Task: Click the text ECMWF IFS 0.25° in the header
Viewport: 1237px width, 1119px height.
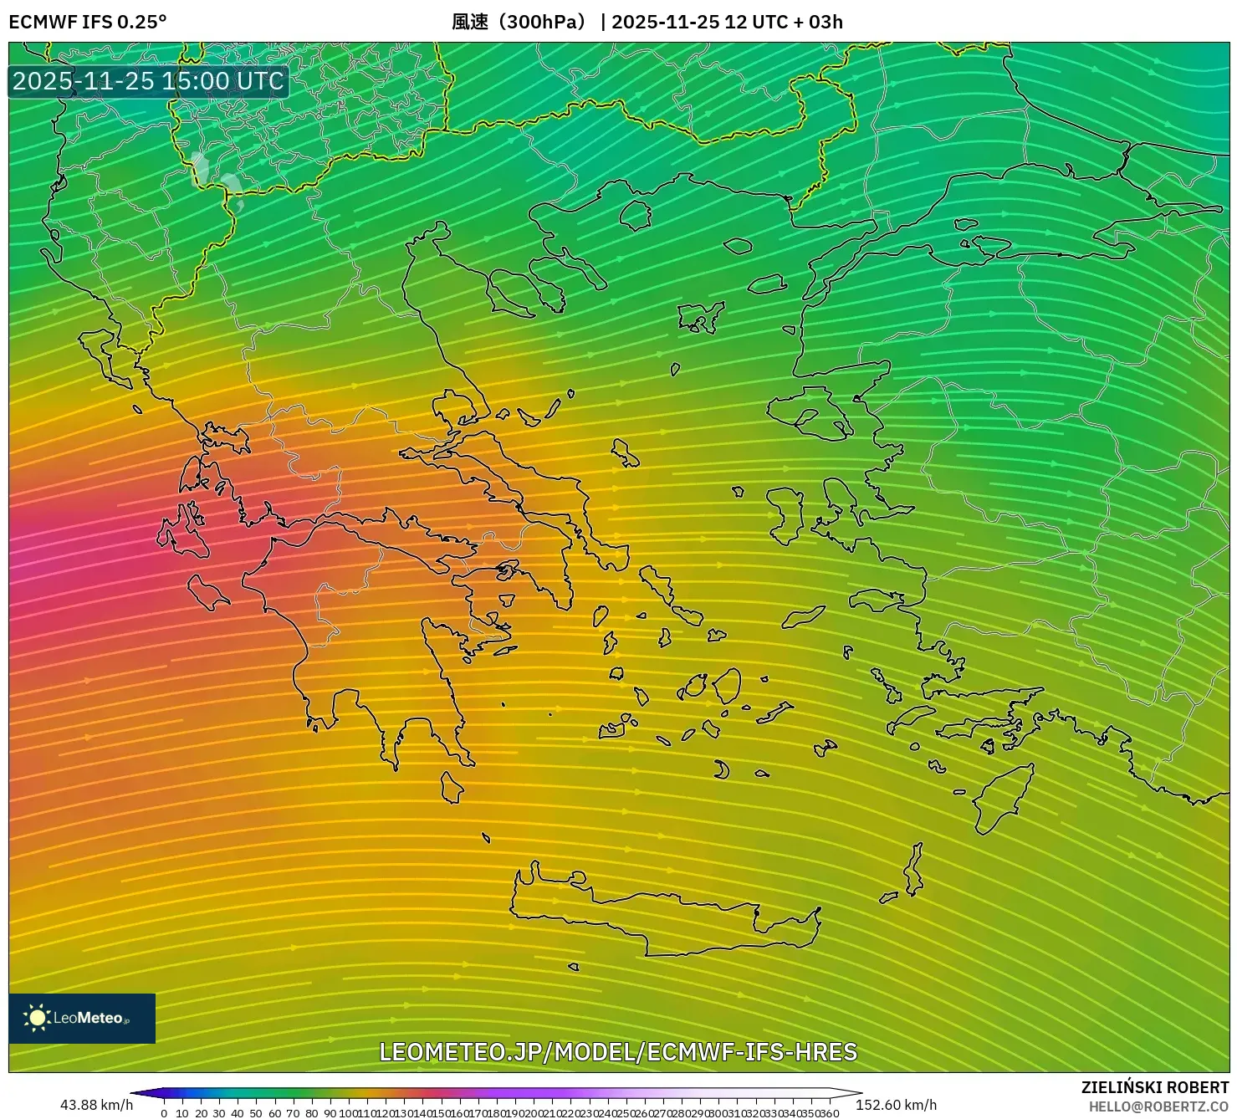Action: click(88, 22)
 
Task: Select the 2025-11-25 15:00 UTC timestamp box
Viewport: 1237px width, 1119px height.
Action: click(149, 82)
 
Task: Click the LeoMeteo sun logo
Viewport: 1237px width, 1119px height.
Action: click(37, 1018)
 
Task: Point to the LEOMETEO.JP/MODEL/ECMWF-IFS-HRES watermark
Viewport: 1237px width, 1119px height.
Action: click(618, 1051)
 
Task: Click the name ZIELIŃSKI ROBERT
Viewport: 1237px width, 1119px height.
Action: click(1154, 1088)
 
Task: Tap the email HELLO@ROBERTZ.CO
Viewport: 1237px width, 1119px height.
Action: click(1158, 1106)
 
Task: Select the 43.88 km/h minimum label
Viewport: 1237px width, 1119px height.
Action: click(96, 1105)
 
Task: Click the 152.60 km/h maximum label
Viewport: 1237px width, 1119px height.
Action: click(896, 1105)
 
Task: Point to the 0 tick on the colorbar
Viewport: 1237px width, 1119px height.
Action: click(164, 1113)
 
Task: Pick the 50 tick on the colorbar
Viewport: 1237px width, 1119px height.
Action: click(256, 1113)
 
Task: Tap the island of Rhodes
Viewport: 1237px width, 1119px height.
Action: click(999, 799)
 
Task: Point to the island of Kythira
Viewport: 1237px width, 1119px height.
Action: click(452, 788)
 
